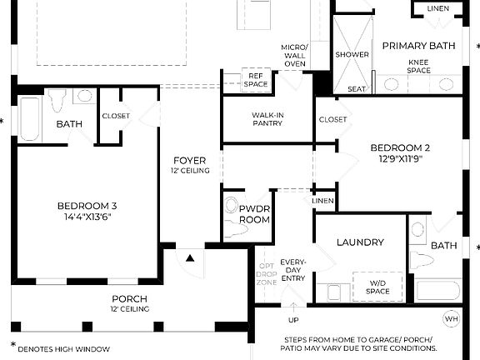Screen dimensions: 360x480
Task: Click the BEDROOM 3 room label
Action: (87, 206)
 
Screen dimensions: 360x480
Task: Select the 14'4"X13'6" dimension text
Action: (87, 217)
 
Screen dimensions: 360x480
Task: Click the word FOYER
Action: (190, 160)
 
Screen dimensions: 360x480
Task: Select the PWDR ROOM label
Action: (254, 213)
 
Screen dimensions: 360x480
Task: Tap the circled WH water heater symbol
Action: (451, 319)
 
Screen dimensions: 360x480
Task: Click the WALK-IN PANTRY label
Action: (267, 118)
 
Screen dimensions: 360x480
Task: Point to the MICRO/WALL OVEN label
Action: (293, 54)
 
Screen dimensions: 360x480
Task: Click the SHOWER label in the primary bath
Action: (352, 54)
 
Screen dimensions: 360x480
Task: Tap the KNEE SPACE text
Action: (419, 67)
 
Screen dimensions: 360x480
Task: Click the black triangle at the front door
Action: (190, 258)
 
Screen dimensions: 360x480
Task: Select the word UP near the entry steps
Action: (293, 320)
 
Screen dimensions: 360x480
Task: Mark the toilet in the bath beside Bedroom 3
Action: (57, 100)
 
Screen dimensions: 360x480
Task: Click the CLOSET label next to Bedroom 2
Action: (332, 119)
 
